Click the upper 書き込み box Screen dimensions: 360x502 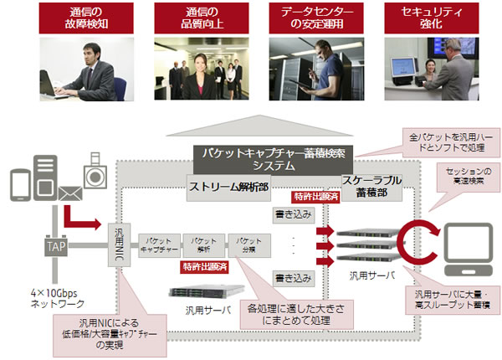tap(292, 215)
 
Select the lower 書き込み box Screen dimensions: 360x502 tap(292, 277)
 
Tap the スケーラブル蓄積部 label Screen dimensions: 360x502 tap(372, 187)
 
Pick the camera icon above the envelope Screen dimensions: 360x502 tap(95, 177)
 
